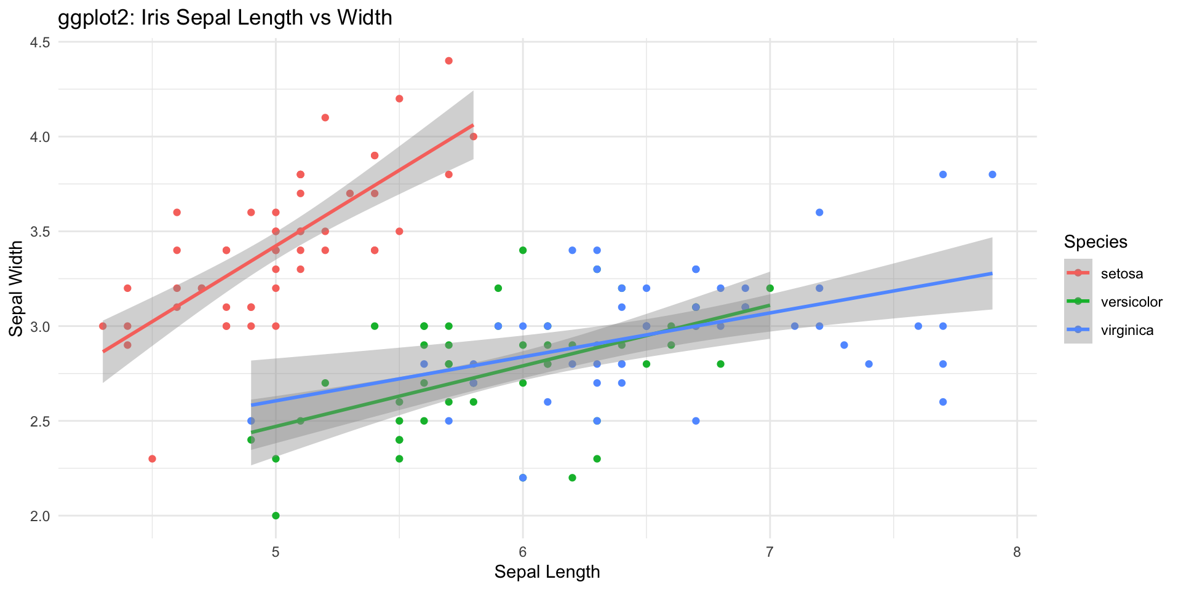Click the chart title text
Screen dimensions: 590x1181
[x=225, y=17]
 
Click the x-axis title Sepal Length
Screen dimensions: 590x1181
[x=547, y=572]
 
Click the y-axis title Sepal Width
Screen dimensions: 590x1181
[x=17, y=288]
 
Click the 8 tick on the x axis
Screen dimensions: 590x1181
[x=1017, y=553]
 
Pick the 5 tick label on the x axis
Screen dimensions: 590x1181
[x=276, y=553]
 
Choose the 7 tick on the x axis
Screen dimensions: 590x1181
[x=769, y=553]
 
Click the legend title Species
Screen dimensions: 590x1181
[x=1096, y=242]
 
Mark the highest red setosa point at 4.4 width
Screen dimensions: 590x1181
[x=448, y=61]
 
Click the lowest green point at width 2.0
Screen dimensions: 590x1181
[x=276, y=516]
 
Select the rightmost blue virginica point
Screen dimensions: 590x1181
[x=992, y=175]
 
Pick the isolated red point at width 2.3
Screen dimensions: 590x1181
[x=152, y=458]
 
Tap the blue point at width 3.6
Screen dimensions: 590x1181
[x=819, y=213]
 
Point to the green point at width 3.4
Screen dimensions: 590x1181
[x=523, y=250]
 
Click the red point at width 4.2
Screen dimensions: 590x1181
[x=399, y=99]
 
